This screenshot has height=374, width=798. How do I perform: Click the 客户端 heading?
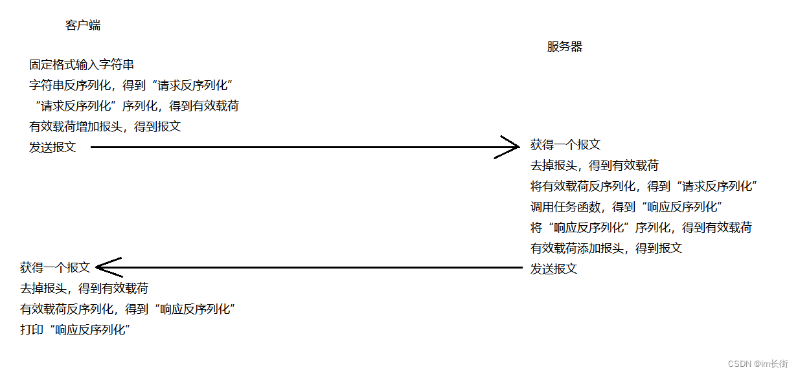click(x=83, y=26)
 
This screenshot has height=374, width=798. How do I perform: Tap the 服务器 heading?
click(x=565, y=47)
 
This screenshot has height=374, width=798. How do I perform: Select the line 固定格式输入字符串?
click(x=82, y=65)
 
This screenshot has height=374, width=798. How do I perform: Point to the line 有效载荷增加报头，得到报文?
click(x=105, y=127)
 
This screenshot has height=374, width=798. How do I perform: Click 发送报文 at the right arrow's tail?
click(x=52, y=148)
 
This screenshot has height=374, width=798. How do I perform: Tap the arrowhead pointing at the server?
click(x=511, y=147)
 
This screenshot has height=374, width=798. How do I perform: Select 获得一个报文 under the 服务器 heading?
click(x=565, y=145)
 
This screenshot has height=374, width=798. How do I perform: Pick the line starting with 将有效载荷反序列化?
click(x=644, y=186)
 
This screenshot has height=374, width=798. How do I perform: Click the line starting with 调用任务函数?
click(x=626, y=207)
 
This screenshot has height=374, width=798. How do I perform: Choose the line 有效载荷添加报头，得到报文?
click(x=606, y=248)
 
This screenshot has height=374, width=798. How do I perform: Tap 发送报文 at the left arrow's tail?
click(x=554, y=269)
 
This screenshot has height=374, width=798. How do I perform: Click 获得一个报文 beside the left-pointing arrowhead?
click(x=55, y=268)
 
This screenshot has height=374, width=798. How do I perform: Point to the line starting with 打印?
click(x=76, y=330)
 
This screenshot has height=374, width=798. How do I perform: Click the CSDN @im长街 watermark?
click(x=758, y=364)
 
